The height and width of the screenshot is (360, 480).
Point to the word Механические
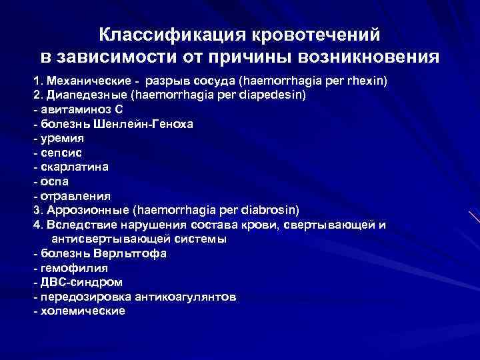[83, 80]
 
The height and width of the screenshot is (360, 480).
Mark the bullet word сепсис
[61, 153]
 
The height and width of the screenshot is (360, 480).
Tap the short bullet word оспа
[55, 181]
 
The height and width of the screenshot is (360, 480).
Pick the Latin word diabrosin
[273, 209]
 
